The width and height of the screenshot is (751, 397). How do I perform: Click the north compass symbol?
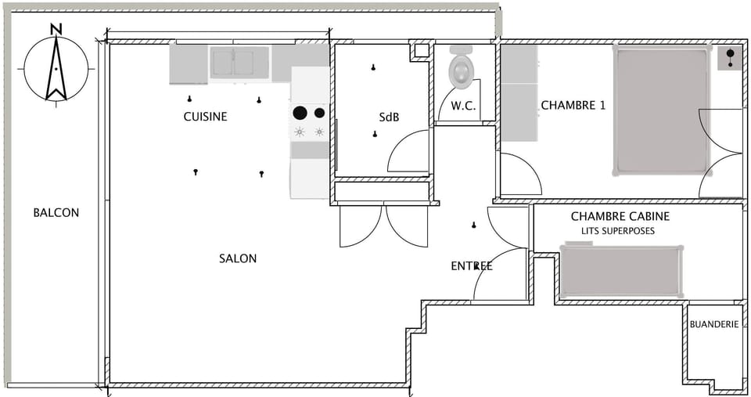[x=56, y=69]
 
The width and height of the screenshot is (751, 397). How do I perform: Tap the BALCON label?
[x=56, y=212]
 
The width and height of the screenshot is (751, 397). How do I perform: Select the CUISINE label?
[x=205, y=117]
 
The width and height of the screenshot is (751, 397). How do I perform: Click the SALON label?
[x=238, y=258]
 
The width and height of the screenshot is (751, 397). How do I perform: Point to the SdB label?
[x=389, y=117]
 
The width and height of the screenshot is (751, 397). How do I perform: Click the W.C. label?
[x=463, y=106]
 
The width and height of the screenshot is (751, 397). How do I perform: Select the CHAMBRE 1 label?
[x=573, y=105]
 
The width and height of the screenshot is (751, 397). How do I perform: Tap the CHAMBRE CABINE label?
[x=620, y=216]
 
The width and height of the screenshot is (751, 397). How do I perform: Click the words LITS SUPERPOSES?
[x=617, y=232]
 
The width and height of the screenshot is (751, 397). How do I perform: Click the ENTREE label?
[x=472, y=266]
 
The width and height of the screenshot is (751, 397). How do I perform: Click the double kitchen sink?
[x=239, y=63]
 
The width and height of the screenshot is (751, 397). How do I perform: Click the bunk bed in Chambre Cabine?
[x=621, y=271]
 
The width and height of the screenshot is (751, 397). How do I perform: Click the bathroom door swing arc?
[x=408, y=151]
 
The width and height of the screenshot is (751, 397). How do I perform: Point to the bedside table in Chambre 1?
[x=730, y=57]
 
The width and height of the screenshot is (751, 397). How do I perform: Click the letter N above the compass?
[x=56, y=30]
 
